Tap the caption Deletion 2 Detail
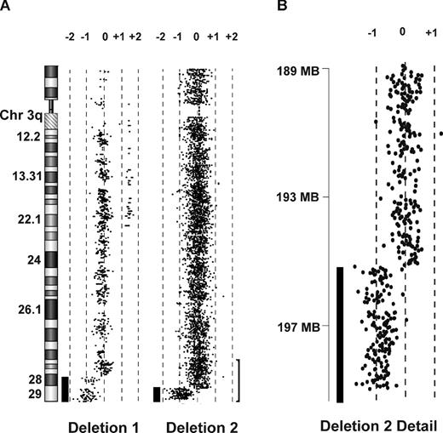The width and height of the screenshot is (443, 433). (x=377, y=423)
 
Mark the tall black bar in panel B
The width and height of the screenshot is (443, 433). (x=340, y=333)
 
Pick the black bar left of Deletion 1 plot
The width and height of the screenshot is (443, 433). (x=65, y=389)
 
